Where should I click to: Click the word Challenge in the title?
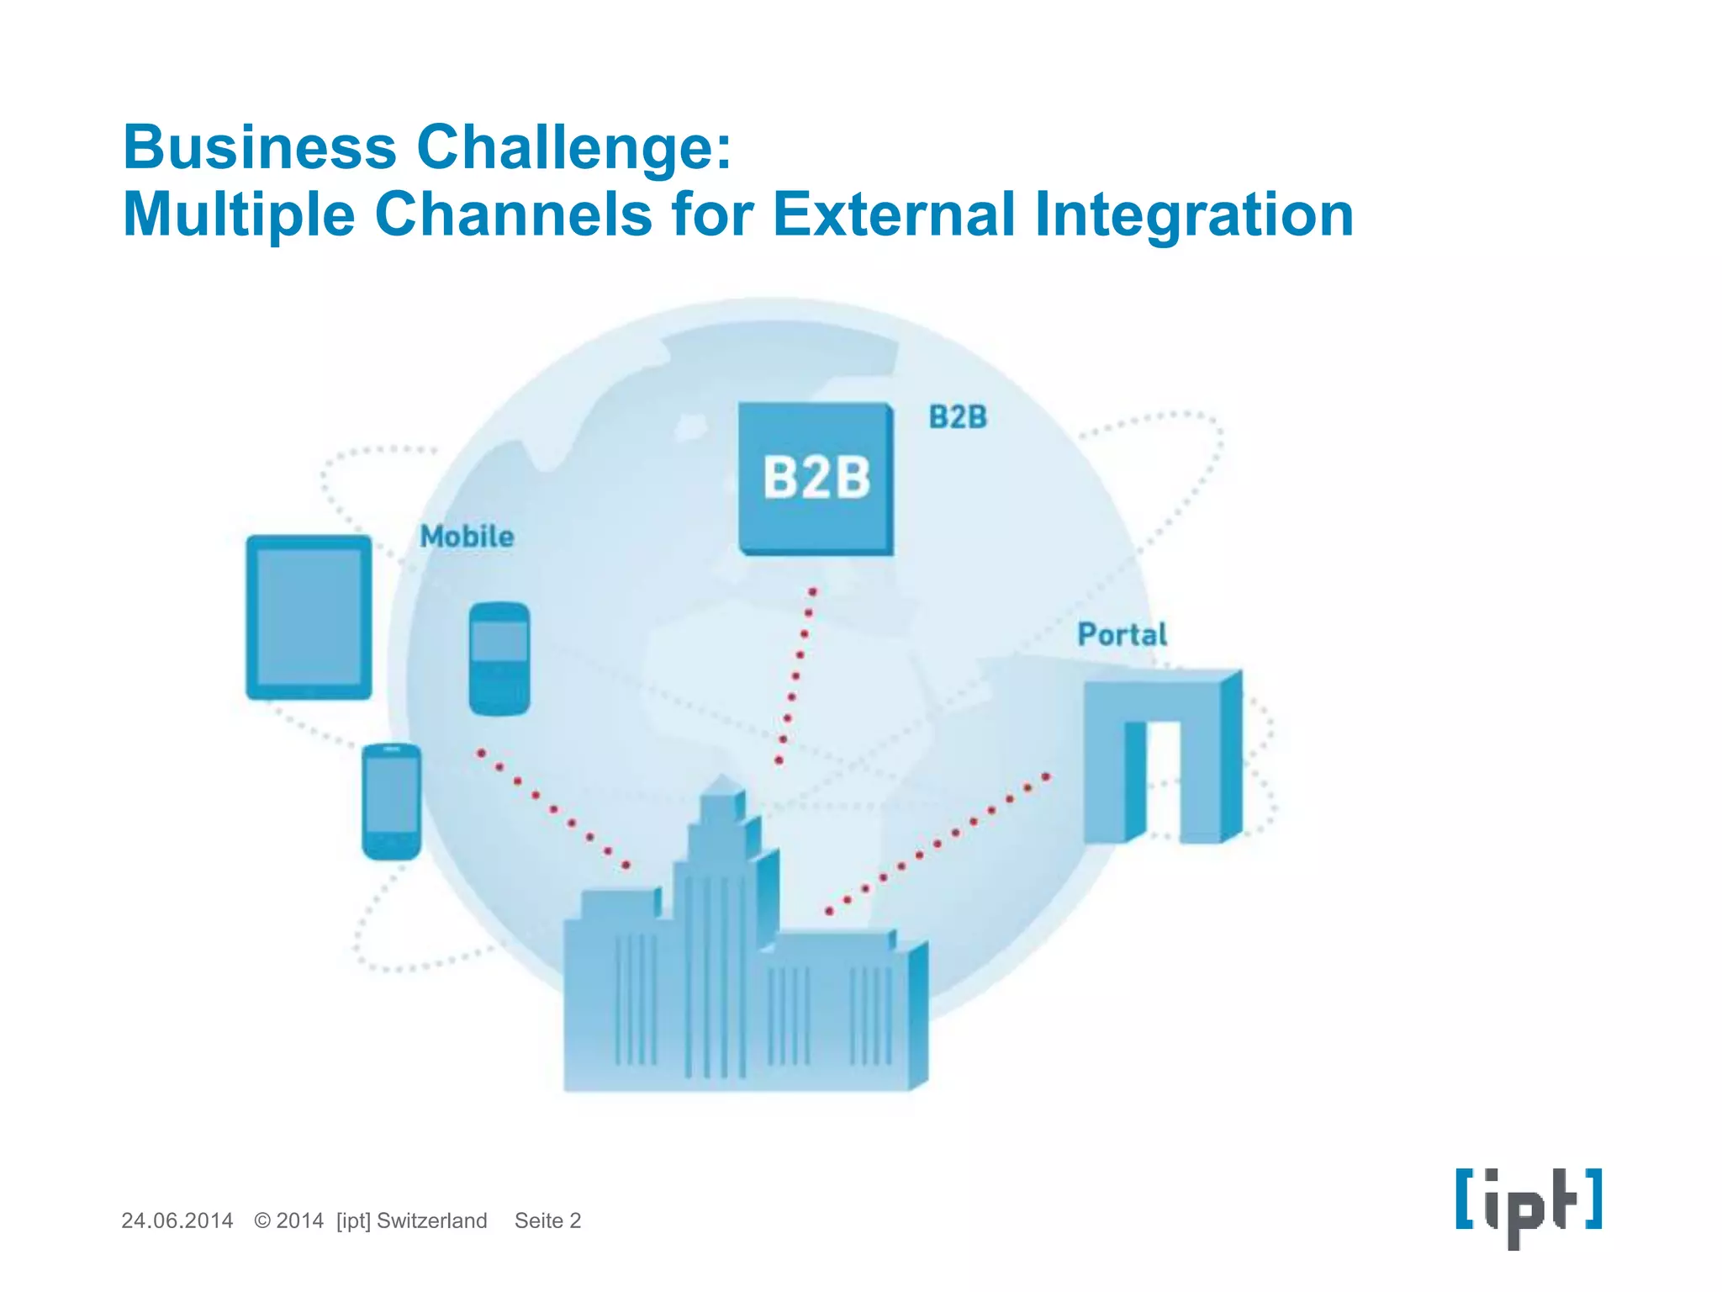click(x=574, y=148)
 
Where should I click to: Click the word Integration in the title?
click(x=1193, y=215)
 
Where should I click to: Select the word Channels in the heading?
click(x=513, y=214)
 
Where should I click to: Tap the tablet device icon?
click(x=309, y=617)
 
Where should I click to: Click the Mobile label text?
click(x=467, y=537)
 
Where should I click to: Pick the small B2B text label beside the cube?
click(x=958, y=417)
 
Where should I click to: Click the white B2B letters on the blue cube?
click(x=816, y=478)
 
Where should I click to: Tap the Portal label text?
click(x=1122, y=634)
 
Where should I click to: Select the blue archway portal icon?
click(x=1160, y=757)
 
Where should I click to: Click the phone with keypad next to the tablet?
click(x=499, y=659)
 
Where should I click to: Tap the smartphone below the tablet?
click(x=391, y=801)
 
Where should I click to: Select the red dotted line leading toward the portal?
click(x=938, y=844)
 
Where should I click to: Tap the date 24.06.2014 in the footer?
click(x=177, y=1221)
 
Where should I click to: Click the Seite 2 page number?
click(x=547, y=1221)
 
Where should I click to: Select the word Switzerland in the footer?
click(x=431, y=1221)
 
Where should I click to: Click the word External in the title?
click(x=893, y=214)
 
